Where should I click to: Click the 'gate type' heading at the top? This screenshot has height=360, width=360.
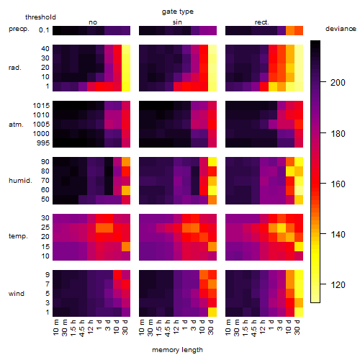(178, 12)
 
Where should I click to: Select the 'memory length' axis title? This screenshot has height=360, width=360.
(177, 350)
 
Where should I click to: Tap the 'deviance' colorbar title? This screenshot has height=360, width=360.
(341, 29)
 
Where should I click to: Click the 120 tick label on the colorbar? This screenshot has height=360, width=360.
(338, 284)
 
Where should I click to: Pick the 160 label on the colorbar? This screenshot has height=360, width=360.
(338, 184)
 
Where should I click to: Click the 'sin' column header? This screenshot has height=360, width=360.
(177, 22)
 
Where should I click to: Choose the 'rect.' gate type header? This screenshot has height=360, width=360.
(262, 22)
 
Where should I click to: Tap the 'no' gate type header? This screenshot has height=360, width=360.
(93, 22)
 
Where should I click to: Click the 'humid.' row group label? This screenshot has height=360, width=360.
(20, 181)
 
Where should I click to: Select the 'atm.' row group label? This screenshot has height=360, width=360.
(16, 125)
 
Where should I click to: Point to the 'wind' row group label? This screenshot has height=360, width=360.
(17, 294)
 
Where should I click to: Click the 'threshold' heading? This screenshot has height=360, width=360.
(40, 17)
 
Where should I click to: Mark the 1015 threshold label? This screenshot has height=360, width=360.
(41, 106)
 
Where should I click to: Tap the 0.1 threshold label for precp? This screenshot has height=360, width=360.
(44, 30)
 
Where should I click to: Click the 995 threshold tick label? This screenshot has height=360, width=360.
(43, 143)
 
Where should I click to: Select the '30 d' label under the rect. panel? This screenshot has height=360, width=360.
(297, 327)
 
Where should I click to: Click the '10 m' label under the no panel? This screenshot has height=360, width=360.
(55, 327)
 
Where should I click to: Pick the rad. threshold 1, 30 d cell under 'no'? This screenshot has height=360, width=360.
(126, 86)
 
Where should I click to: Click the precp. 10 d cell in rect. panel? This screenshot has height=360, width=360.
(290, 30)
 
